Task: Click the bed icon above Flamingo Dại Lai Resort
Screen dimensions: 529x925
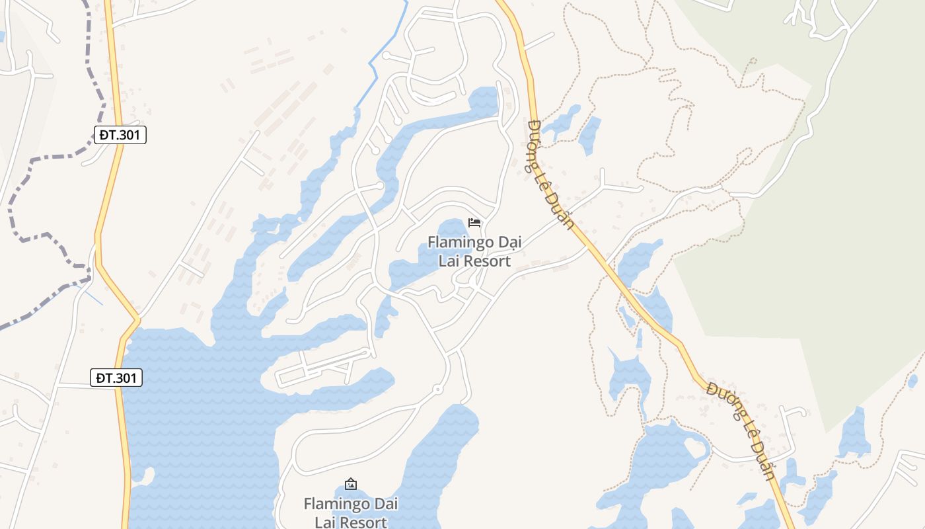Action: (x=474, y=222)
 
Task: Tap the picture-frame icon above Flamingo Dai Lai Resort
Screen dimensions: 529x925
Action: (x=351, y=484)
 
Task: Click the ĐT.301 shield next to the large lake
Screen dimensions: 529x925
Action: (x=116, y=378)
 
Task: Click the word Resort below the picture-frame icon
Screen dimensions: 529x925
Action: (x=361, y=522)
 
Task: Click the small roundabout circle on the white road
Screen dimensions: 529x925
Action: (x=437, y=390)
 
